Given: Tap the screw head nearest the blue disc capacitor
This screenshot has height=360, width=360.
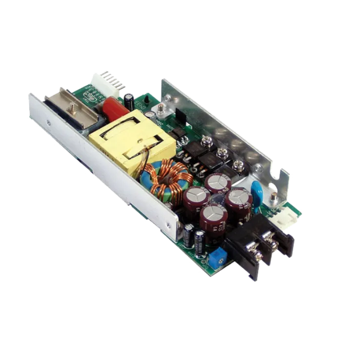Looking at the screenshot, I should [x=239, y=164].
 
